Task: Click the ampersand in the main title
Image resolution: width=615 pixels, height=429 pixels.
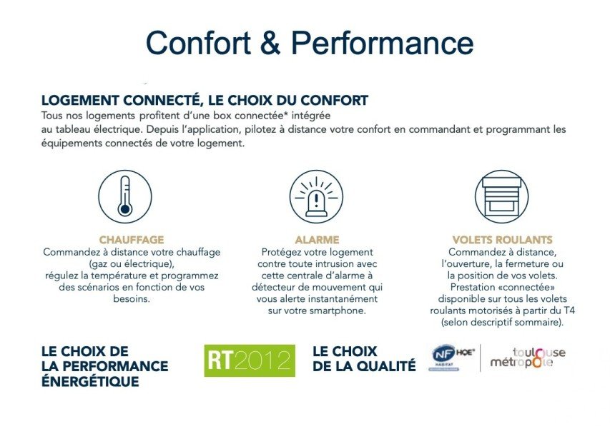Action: tap(270, 42)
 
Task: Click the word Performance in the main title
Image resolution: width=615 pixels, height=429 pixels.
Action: tap(383, 42)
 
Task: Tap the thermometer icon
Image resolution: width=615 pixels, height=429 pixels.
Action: tap(124, 196)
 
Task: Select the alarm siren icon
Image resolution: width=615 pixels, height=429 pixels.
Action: tap(316, 196)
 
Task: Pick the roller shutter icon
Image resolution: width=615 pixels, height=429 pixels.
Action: tap(501, 196)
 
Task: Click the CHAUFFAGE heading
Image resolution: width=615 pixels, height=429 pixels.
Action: tap(132, 240)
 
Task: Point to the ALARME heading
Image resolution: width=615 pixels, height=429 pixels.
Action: tap(317, 240)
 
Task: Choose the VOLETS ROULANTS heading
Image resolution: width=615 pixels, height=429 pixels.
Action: tap(503, 240)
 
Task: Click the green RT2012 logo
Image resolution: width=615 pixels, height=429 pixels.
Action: tap(250, 360)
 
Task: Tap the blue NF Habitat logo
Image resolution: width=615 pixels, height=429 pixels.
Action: tap(443, 357)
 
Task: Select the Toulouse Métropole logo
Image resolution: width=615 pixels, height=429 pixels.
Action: tap(528, 358)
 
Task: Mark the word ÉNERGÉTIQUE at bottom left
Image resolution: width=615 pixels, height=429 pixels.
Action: tap(90, 380)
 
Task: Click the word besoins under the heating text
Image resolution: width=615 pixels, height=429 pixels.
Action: tap(132, 298)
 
